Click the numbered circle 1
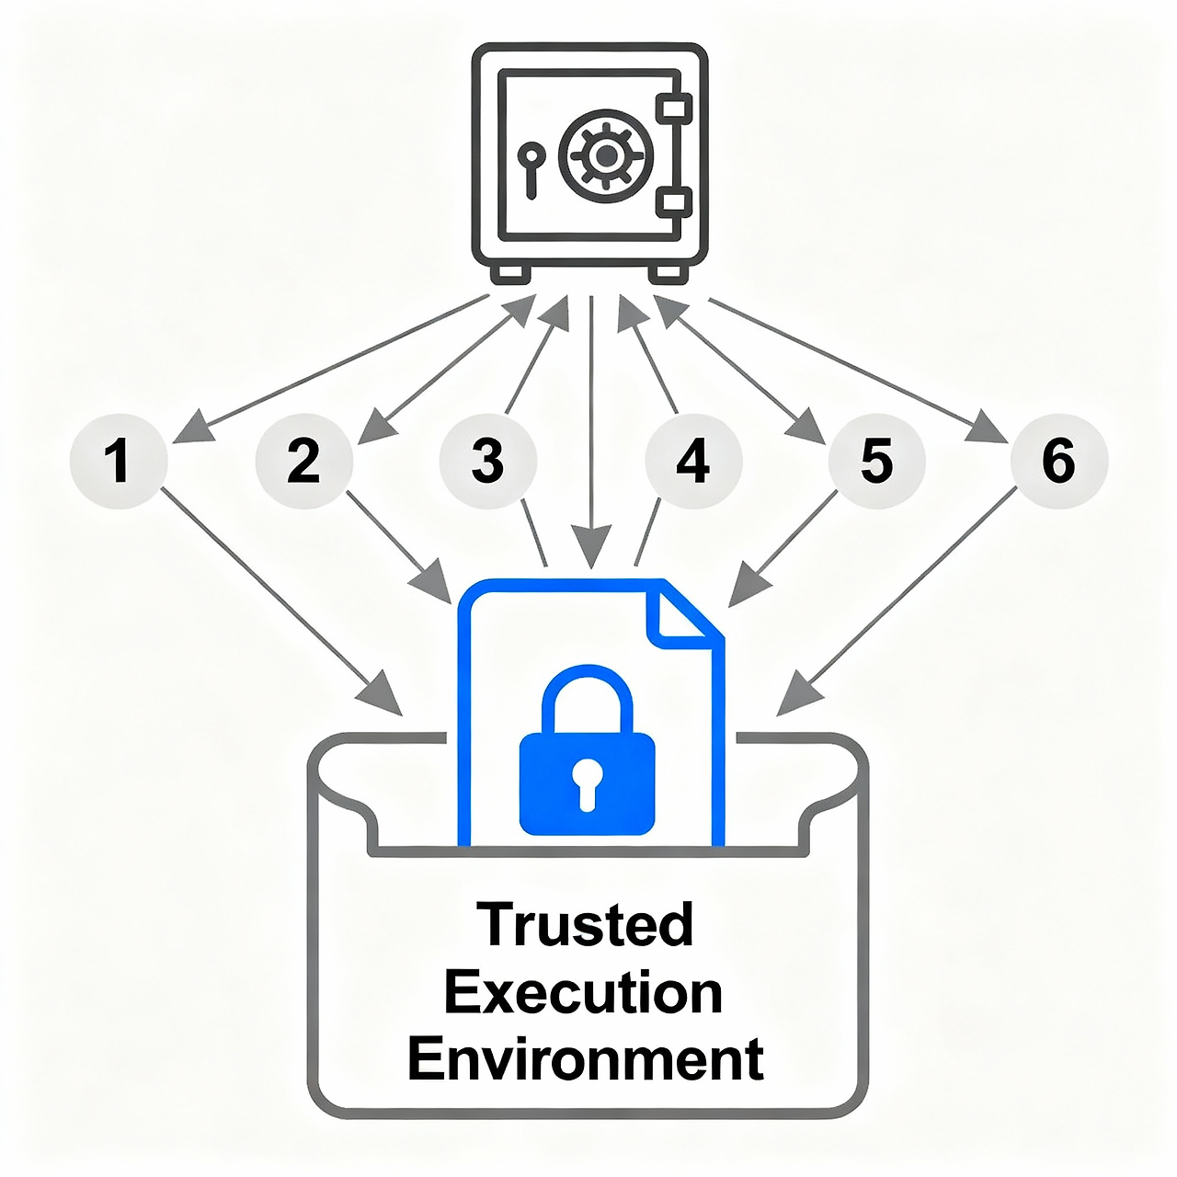(x=118, y=460)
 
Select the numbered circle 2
(x=303, y=460)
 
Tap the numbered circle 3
(x=487, y=460)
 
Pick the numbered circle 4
(x=692, y=460)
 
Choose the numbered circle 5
(x=875, y=460)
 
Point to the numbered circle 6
(x=1058, y=460)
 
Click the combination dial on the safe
(x=606, y=156)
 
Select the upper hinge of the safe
(x=676, y=109)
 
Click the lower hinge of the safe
(x=676, y=202)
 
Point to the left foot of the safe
(x=511, y=273)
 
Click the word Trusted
(x=586, y=924)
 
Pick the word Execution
(x=584, y=993)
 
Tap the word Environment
(x=586, y=1059)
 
